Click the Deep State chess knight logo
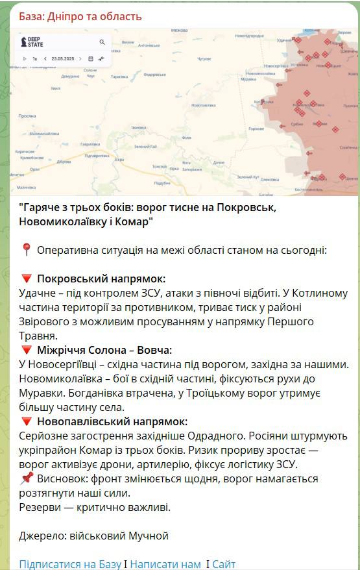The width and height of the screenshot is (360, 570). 25,42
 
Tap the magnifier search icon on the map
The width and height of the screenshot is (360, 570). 102,42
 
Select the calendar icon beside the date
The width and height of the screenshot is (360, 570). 90,58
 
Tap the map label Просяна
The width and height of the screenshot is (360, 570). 27,116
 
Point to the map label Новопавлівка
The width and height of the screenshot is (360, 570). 204,105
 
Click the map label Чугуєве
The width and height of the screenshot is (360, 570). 204,58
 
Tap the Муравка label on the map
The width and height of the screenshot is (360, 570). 248,79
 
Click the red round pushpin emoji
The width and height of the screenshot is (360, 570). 26,249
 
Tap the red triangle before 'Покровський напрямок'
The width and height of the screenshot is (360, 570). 26,279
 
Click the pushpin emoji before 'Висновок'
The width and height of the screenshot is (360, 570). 26,478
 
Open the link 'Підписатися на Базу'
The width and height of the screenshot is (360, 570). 69,564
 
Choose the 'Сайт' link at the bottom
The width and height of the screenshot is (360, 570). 224,564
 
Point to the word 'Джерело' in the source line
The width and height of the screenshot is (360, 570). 42,536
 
